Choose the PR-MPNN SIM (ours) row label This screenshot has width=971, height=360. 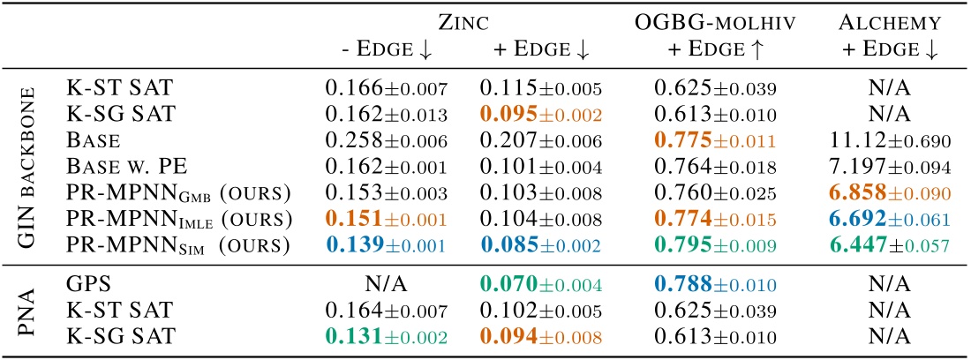pos(155,238)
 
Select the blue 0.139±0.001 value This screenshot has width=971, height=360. pos(386,238)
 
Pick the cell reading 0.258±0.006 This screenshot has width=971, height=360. pos(386,139)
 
